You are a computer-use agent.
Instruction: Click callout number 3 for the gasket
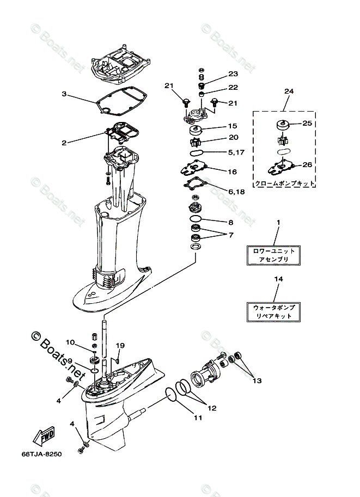(64, 94)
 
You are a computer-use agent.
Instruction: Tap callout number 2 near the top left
(64, 143)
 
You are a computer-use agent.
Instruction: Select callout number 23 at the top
(233, 74)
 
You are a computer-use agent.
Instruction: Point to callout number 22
(233, 88)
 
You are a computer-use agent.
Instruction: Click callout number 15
(233, 126)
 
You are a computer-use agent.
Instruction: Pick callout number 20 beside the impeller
(233, 137)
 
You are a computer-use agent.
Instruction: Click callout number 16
(233, 171)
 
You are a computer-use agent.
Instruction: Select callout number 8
(231, 222)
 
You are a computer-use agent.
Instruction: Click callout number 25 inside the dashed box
(307, 124)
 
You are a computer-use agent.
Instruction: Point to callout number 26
(307, 164)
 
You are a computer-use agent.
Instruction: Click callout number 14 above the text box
(278, 279)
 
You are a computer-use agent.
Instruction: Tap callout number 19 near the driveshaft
(120, 345)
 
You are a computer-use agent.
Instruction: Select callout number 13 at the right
(256, 381)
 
